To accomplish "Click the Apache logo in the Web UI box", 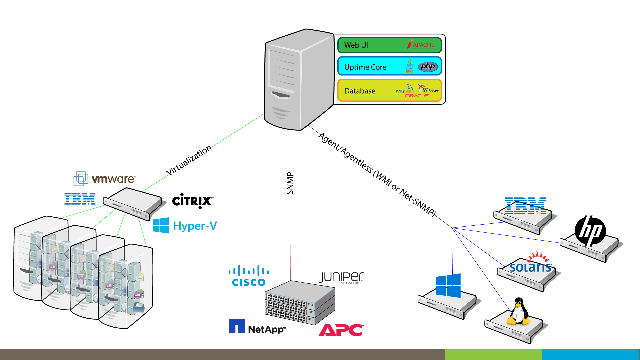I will (x=421, y=45).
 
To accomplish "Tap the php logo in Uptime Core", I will (x=428, y=67).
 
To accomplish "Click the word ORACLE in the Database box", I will (x=417, y=96).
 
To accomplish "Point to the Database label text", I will (x=360, y=91).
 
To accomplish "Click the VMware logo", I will (x=105, y=179).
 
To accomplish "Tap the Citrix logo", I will (x=192, y=201).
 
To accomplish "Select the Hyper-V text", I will (x=195, y=226).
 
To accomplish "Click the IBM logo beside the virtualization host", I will (x=80, y=199).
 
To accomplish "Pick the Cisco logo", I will (x=249, y=276).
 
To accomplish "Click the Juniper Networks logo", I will (x=342, y=278).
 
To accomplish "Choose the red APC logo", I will (x=341, y=330).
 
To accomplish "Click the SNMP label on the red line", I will (x=290, y=183).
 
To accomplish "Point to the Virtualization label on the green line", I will (x=189, y=160).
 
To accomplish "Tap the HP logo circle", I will (x=590, y=231).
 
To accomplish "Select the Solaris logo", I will (x=531, y=264).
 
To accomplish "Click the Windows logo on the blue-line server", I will (x=448, y=285).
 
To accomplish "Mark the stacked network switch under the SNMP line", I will (x=300, y=303).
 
